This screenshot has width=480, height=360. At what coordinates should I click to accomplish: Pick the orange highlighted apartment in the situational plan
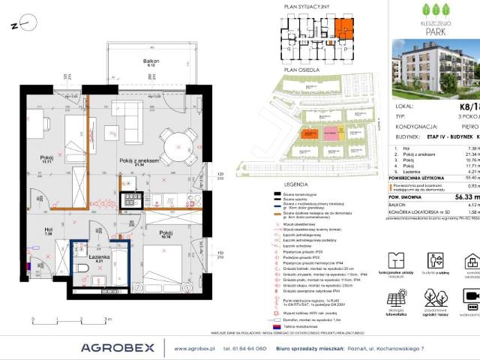pos(343,30)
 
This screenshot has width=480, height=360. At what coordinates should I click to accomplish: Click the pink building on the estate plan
pos(331,133)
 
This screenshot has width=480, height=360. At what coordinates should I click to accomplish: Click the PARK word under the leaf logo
pos(435,31)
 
